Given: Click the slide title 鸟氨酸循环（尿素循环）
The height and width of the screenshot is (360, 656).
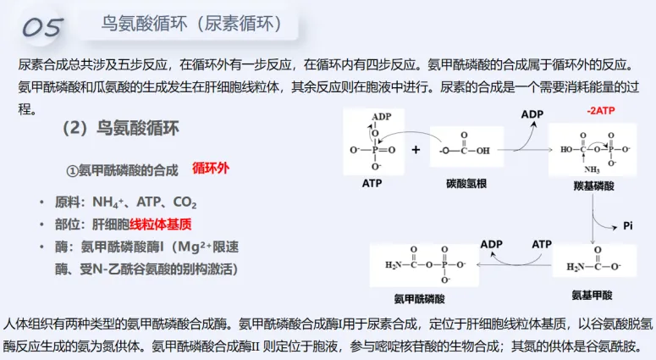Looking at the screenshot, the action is [x=194, y=25].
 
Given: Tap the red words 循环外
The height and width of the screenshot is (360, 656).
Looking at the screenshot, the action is [x=211, y=168].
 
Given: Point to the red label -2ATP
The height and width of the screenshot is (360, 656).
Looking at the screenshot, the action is [x=601, y=111].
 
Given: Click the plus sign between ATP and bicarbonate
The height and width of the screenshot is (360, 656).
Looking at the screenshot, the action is [x=416, y=150].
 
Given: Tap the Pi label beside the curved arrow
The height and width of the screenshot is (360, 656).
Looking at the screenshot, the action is [x=628, y=225].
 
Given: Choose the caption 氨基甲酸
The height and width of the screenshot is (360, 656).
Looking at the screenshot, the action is [x=592, y=295].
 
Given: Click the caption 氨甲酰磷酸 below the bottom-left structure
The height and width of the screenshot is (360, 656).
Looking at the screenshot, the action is [x=419, y=298].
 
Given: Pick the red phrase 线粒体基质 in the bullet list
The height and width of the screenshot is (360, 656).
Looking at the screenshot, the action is [x=161, y=224].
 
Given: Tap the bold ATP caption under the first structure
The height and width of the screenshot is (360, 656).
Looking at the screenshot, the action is [x=372, y=182].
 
